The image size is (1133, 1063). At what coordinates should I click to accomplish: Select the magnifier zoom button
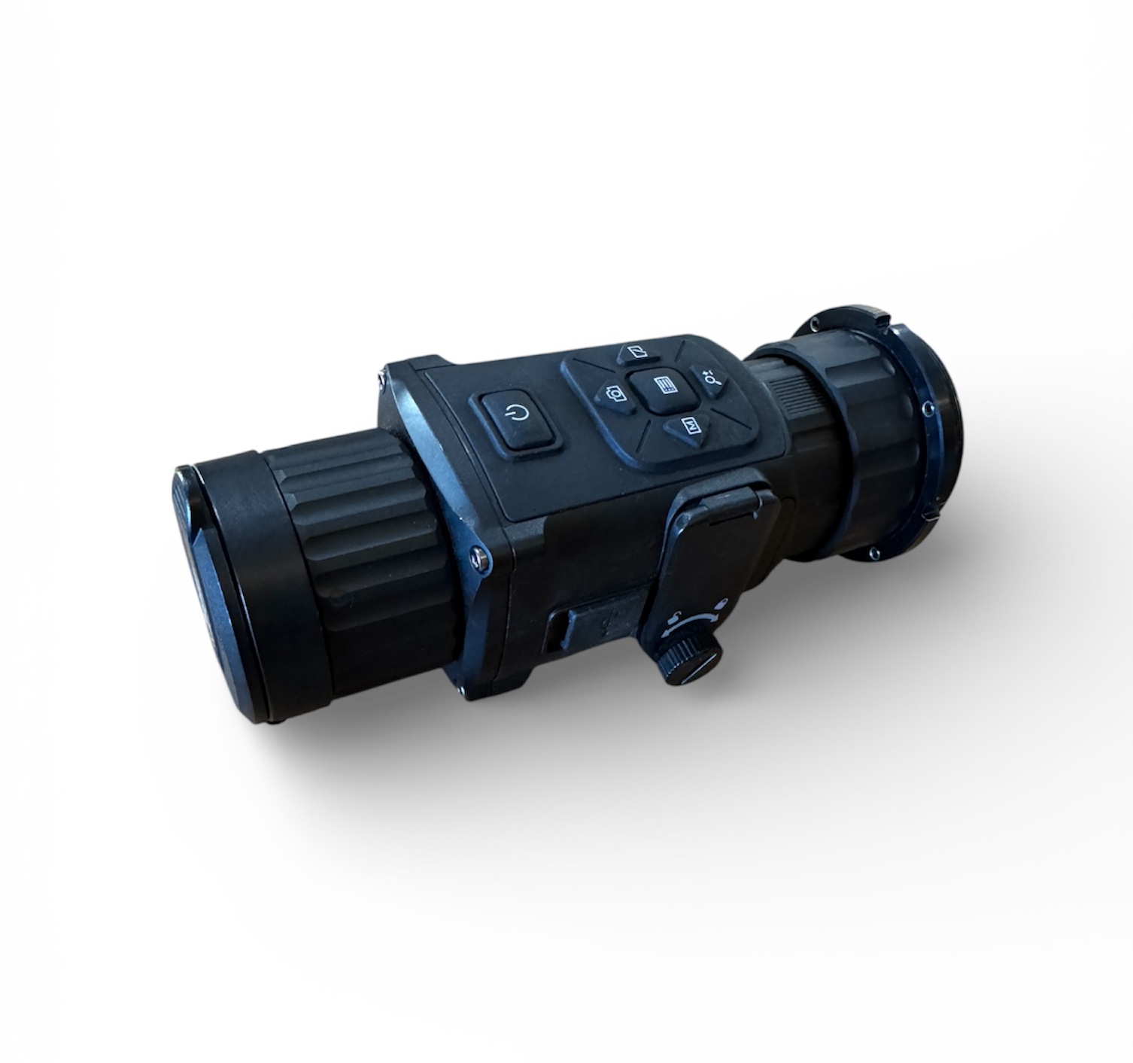click(711, 378)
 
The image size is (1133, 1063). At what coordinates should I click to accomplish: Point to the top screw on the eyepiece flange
click(814, 321)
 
